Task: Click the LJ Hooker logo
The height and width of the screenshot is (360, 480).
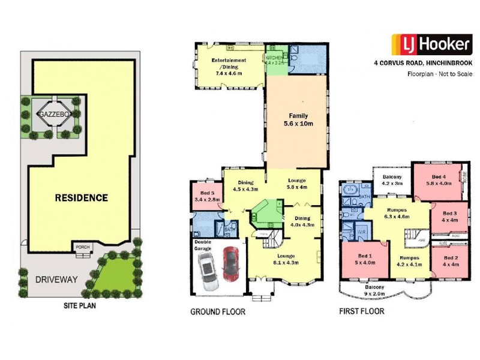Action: point(431,45)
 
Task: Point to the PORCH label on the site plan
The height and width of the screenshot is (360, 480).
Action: point(81,246)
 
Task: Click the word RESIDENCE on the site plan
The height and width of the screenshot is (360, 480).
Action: point(82,197)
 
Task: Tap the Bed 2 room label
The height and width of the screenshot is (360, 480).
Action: point(451,261)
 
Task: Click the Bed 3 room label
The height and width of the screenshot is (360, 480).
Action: point(451,217)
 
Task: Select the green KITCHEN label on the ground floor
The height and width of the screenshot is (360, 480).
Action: point(274,59)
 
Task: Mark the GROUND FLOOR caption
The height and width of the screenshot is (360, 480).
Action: point(218,312)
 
